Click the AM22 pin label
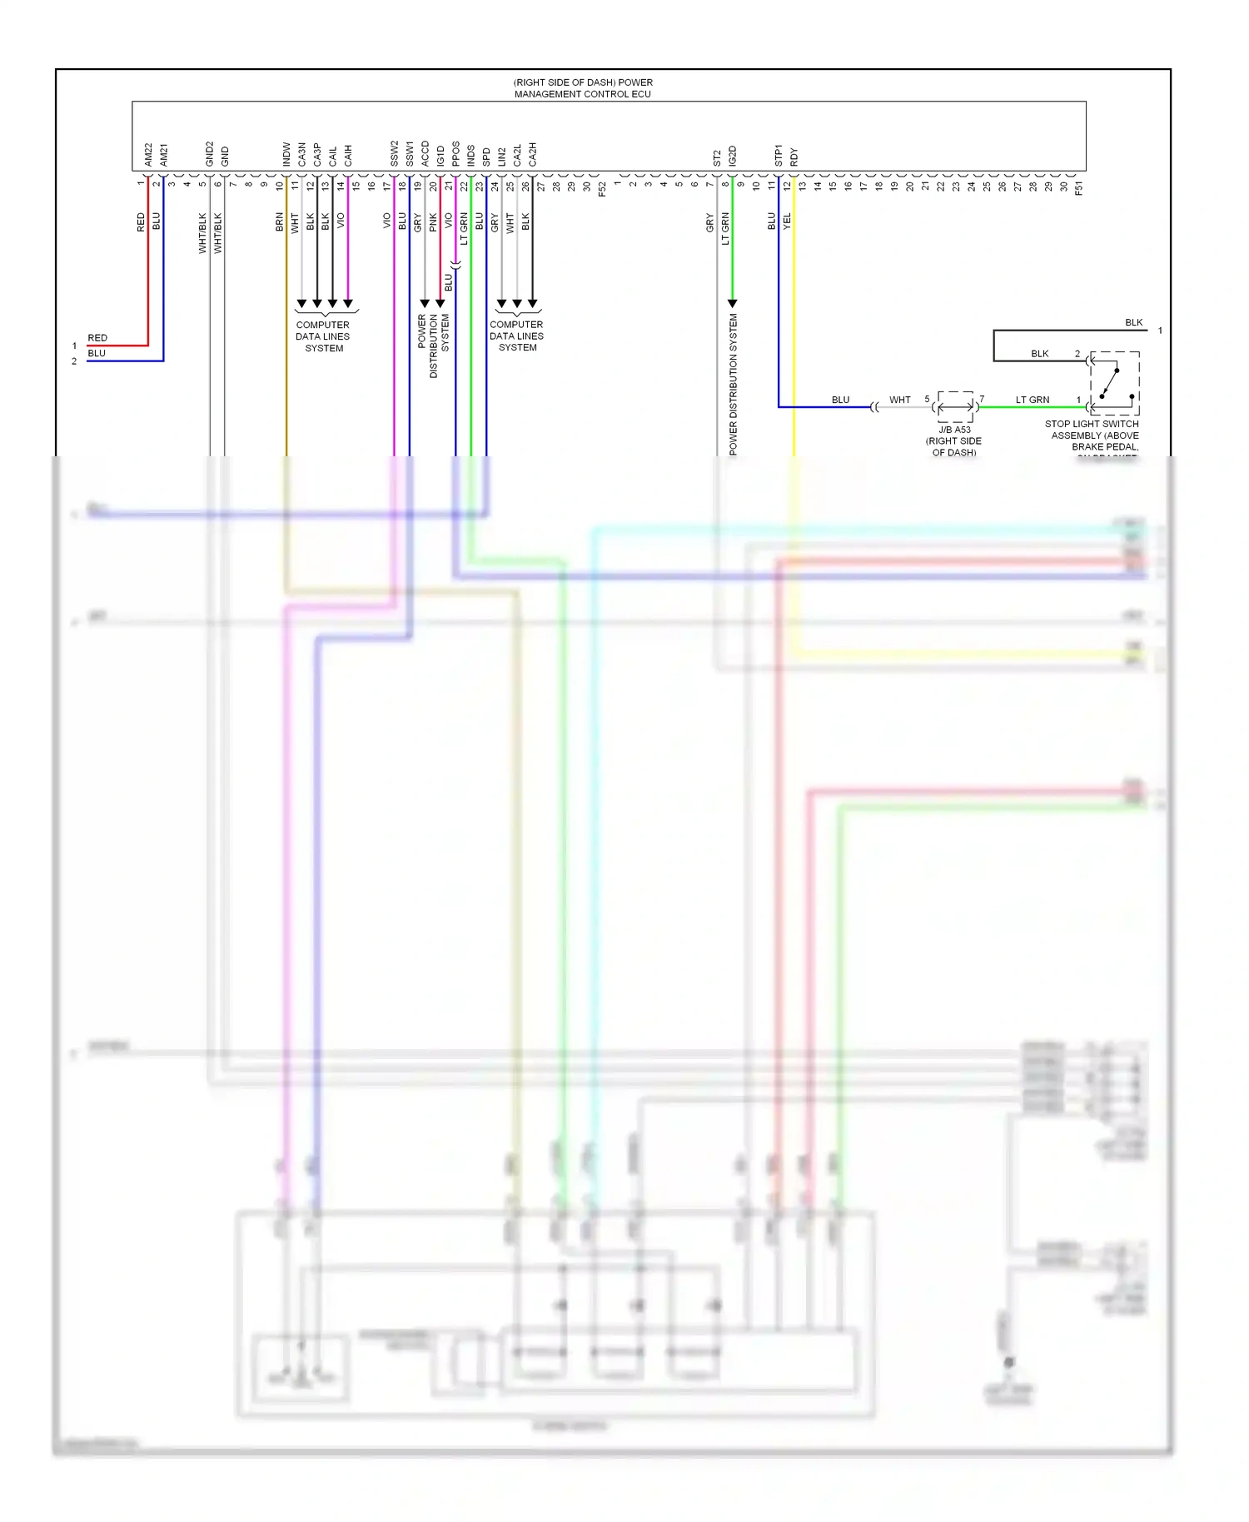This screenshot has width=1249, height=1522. pos(148,154)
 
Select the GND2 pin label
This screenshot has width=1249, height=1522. pos(210,154)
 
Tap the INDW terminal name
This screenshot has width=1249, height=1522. pos(286,154)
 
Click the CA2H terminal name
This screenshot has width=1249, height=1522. pos(532,154)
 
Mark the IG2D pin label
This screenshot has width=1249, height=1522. pos(733,156)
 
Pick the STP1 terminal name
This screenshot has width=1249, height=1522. pos(779,156)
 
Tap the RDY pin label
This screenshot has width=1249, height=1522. pos(794,157)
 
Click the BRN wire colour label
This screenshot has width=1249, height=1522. pos(280,222)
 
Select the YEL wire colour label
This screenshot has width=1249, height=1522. pos(787,222)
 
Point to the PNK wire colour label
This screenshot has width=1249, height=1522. pos(433,222)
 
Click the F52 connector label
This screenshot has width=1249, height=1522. pos(602,189)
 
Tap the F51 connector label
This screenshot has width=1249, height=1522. pos(1078,189)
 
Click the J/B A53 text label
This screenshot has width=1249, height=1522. pos(954,430)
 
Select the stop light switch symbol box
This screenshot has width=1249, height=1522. pos(1114,383)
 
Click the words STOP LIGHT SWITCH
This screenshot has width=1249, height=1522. pos(1092,424)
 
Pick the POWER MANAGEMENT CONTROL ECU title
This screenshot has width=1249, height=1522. pos(583,88)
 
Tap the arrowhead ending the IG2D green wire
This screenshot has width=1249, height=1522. pos(733,303)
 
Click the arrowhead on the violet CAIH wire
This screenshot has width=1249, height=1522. pos(348,303)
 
